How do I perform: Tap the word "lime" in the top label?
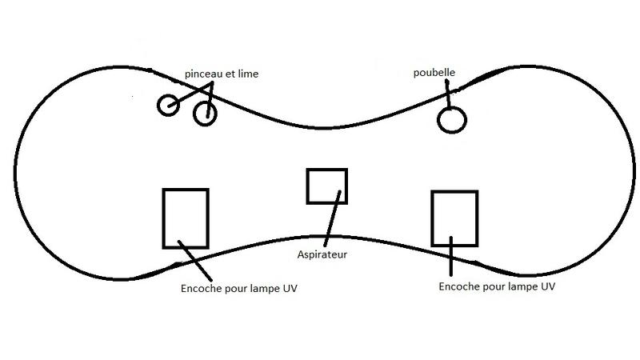click(x=247, y=74)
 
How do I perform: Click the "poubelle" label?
click(x=434, y=72)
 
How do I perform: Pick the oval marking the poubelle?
click(x=451, y=120)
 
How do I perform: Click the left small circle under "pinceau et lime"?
click(x=168, y=106)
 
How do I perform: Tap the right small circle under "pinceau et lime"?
click(x=206, y=114)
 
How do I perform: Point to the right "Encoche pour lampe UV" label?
click(x=497, y=286)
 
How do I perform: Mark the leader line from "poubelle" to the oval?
click(x=450, y=94)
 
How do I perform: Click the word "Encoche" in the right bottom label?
click(x=460, y=286)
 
